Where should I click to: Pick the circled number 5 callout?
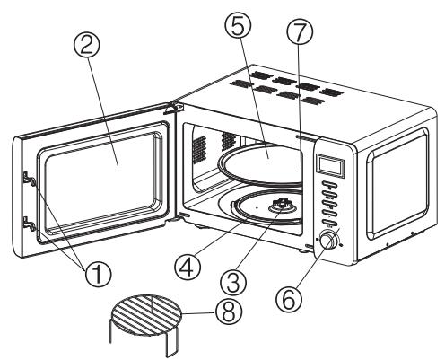pos(239,25)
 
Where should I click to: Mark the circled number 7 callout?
pos(300,33)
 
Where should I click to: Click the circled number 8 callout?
pos(229,313)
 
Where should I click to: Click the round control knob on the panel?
pos(328,241)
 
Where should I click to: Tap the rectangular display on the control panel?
pos(330,164)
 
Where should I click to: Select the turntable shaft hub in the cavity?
pos(282,205)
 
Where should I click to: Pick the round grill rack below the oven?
pos(146,322)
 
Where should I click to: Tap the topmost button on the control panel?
pos(329,186)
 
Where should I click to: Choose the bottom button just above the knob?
pos(329,223)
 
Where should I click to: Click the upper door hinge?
pos(171,108)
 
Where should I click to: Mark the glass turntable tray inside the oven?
pos(263,164)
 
